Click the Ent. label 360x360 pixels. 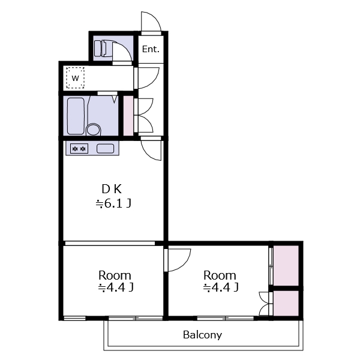pos(151,49)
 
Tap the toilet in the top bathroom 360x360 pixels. pos(103,48)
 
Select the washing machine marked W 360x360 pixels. pos(76,78)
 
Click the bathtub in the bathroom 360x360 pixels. pos(76,116)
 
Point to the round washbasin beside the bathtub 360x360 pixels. pos(94,130)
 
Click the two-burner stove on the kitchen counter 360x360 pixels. pos(79,149)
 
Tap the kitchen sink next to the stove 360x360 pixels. pos(105,149)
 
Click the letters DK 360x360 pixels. pos(112,189)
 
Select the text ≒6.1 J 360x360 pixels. pos(113,203)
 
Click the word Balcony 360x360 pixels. pos(203,335)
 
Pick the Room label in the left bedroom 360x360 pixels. pos(115,275)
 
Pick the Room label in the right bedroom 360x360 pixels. pos(220,275)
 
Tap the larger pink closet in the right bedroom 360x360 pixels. pos(286,266)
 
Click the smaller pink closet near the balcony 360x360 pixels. pos(286,303)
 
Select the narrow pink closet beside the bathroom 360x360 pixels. pos(128,116)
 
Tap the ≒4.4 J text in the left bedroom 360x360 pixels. pos(116,287)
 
